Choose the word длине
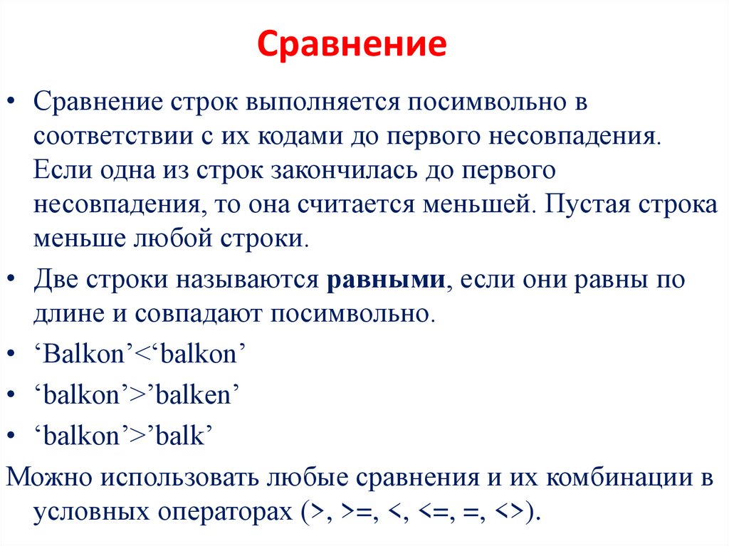(65, 313)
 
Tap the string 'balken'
(194, 396)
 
